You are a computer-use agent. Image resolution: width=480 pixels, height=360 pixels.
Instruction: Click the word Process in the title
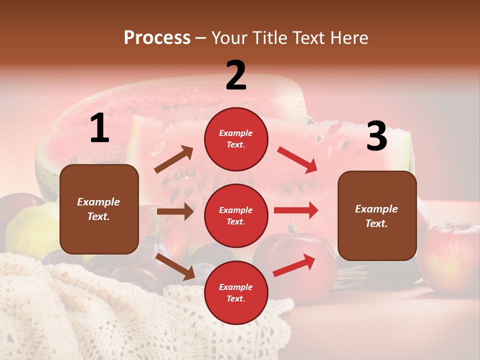[x=157, y=37]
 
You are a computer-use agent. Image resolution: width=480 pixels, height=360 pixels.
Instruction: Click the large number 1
[x=99, y=128]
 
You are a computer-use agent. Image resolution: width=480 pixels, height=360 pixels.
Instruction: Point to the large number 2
[x=236, y=75]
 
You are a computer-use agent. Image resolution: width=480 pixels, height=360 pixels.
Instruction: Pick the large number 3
[x=376, y=136]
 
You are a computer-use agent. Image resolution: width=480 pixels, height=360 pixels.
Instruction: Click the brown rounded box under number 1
[x=99, y=209]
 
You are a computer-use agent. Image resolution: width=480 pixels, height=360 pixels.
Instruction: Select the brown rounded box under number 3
[x=377, y=216]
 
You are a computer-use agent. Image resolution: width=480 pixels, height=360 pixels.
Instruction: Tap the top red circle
[x=236, y=139]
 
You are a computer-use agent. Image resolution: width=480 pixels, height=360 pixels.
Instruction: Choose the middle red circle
[x=236, y=215]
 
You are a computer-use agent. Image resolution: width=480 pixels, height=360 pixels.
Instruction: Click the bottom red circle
[x=236, y=292]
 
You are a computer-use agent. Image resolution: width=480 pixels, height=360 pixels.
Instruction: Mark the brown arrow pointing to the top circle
[x=174, y=159]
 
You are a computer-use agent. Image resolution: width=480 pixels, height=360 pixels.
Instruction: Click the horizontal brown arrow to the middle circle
[x=175, y=211]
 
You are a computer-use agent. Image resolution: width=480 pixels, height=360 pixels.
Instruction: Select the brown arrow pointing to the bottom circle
[x=175, y=266]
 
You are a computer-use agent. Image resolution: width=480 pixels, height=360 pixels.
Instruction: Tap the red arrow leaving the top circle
[x=297, y=160]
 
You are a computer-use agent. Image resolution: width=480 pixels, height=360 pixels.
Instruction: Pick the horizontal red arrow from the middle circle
[x=296, y=210]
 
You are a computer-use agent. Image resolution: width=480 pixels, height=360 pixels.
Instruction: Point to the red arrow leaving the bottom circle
[x=294, y=265]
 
